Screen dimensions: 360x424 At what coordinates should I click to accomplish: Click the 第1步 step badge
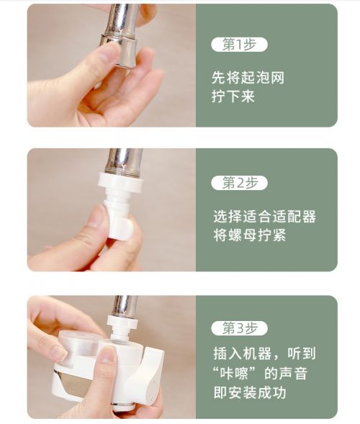(x=239, y=45)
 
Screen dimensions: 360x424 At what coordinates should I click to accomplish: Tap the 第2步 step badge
(x=239, y=183)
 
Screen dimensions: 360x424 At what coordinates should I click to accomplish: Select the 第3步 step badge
(x=239, y=328)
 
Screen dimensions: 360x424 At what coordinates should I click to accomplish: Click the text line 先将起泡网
(x=248, y=78)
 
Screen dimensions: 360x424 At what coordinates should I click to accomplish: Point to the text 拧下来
(x=233, y=96)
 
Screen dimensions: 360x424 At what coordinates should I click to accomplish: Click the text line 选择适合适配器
(x=264, y=217)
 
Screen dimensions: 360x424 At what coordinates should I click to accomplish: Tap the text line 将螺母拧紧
(x=250, y=235)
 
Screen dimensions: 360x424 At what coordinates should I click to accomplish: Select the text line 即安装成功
(x=250, y=392)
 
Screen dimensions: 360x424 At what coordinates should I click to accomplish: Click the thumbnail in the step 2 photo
(x=96, y=215)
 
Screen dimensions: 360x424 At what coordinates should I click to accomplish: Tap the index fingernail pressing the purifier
(x=107, y=355)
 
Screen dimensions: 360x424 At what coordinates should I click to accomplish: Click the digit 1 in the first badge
(x=239, y=45)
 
